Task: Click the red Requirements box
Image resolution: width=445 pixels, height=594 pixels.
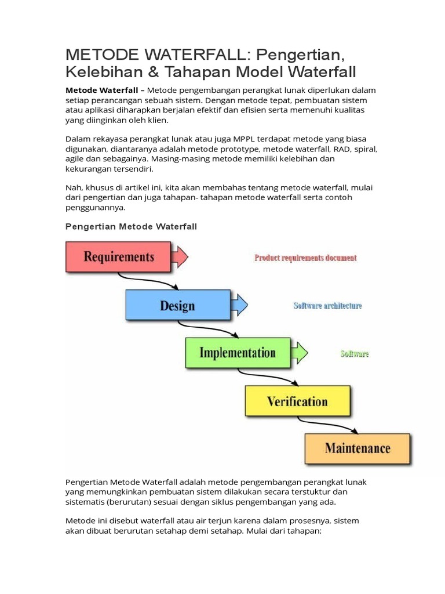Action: click(118, 256)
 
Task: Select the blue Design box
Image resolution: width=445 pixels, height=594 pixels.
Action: click(177, 305)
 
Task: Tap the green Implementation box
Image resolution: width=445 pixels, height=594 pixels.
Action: click(237, 353)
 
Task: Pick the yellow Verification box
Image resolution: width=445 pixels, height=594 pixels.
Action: click(297, 401)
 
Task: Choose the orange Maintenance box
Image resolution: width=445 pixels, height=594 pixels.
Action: click(357, 448)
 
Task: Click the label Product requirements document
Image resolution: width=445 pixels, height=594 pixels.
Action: click(305, 258)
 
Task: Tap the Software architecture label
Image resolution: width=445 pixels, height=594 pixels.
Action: click(327, 306)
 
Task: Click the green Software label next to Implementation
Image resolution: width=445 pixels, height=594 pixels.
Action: click(354, 353)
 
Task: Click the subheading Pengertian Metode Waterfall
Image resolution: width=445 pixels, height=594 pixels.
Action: click(131, 226)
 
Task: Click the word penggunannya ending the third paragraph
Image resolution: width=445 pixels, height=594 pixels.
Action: click(94, 208)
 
